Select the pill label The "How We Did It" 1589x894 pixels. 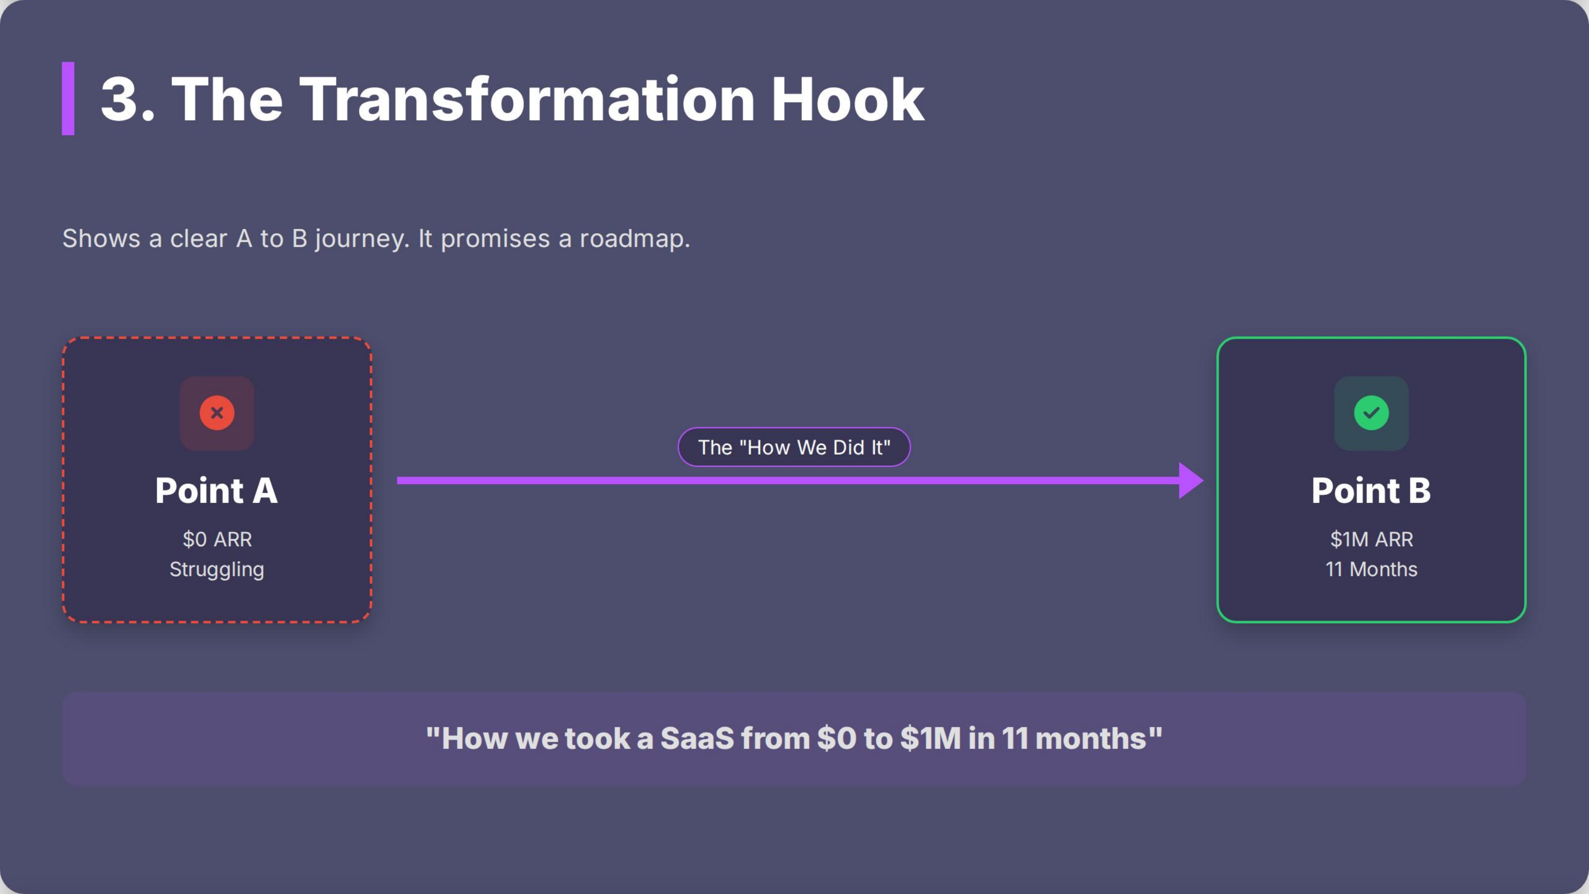point(794,447)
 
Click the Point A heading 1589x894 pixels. point(217,491)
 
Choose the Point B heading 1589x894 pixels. point(1371,491)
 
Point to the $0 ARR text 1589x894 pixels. point(217,539)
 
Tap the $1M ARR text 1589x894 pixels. point(1371,539)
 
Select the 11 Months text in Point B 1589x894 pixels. point(1371,569)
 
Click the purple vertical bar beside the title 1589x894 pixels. point(68,99)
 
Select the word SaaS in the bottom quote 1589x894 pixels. point(697,738)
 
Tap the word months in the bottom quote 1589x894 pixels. point(1091,738)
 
